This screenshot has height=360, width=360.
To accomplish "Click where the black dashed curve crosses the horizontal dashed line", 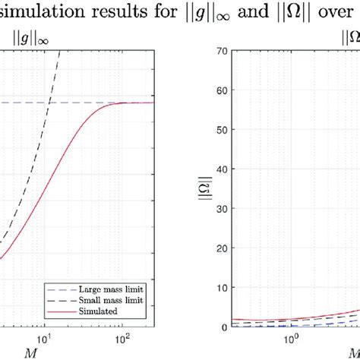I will (48, 103).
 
